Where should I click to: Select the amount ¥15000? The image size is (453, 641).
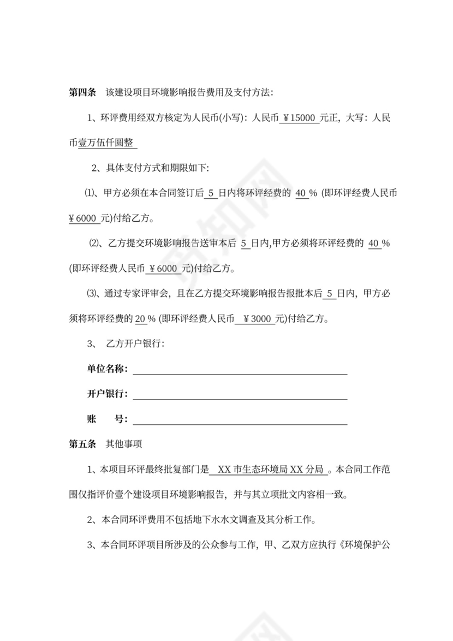click(299, 118)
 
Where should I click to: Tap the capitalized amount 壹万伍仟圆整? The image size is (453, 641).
click(108, 143)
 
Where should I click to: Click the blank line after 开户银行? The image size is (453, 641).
click(240, 394)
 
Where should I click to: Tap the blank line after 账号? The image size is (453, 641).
click(240, 419)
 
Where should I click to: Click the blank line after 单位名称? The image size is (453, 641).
click(240, 369)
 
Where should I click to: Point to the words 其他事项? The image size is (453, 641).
click(123, 444)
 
